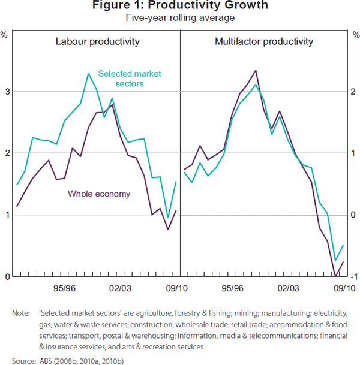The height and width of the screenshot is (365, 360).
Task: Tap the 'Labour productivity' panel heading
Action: point(97,42)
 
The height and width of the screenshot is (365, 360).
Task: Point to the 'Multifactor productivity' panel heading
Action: point(263,42)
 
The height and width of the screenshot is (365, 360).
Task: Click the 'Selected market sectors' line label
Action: point(129,79)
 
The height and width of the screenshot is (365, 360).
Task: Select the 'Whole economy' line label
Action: point(99,194)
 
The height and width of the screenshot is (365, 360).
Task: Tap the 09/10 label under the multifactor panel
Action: point(343,288)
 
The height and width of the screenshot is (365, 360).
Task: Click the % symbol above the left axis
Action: point(4,34)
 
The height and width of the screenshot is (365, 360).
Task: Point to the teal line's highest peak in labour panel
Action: point(89,74)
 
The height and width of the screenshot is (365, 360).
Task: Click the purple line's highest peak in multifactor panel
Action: point(256,71)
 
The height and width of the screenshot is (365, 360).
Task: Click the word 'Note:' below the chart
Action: point(23,313)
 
